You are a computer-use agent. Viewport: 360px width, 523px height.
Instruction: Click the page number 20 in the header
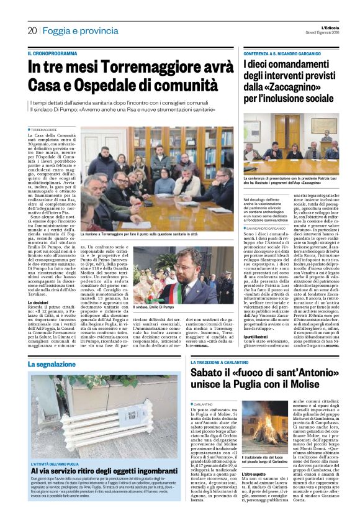pos(32,30)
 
